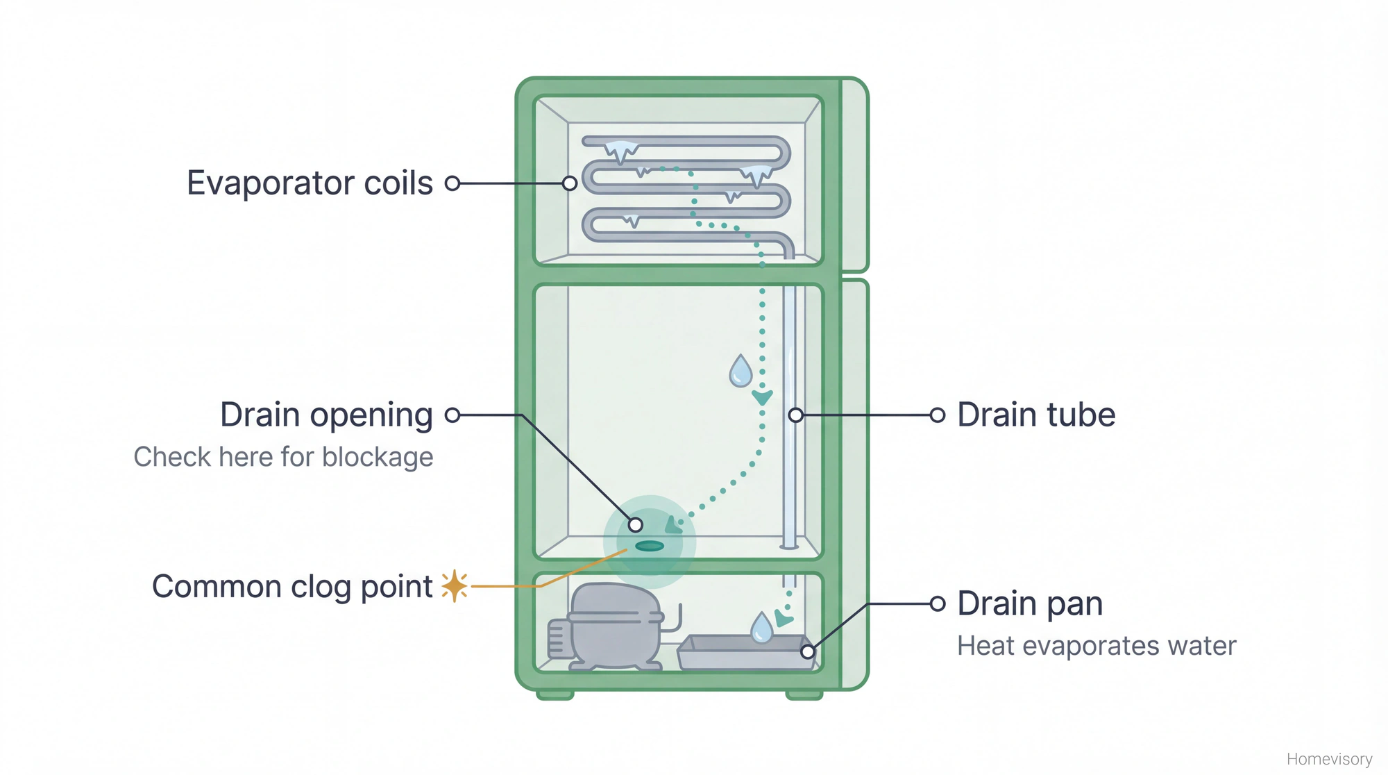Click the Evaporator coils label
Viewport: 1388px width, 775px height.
310,183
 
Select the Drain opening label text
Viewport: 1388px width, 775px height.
326,415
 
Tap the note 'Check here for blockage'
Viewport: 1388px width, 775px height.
283,457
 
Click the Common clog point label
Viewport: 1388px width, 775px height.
292,587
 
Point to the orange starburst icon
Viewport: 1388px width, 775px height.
455,586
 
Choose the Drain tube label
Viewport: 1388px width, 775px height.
1035,415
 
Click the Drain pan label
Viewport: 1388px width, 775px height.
1030,603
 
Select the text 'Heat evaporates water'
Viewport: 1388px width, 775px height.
1097,646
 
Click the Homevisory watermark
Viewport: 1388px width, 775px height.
1329,759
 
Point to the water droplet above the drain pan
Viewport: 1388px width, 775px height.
761,628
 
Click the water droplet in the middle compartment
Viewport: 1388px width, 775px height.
740,372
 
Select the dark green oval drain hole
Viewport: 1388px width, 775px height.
650,546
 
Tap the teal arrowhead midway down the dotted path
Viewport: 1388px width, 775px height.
762,398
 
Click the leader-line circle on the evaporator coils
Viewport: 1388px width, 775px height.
570,183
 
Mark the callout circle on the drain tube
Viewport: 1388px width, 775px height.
796,415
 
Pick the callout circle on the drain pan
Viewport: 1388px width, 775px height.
808,651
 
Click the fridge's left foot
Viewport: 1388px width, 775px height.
555,694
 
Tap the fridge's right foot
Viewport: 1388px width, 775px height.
804,694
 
